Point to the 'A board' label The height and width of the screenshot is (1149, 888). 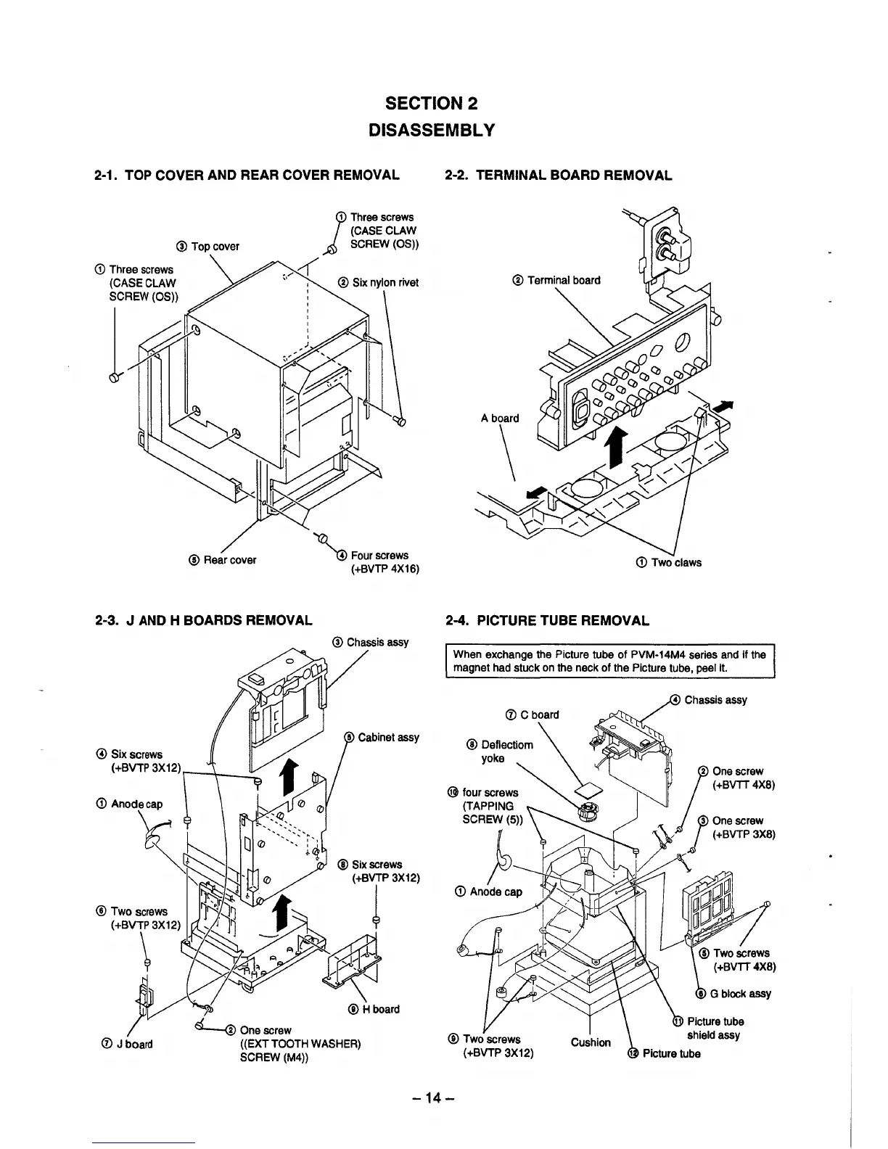500,418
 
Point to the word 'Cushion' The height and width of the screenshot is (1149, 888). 591,1042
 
